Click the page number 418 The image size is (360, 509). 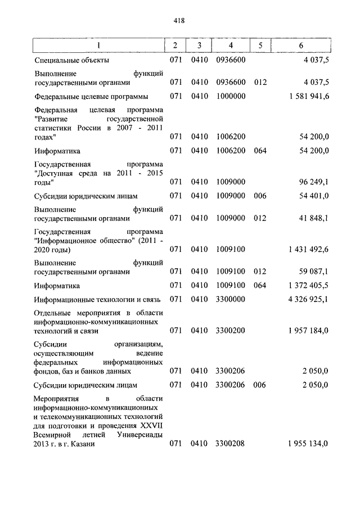click(x=179, y=21)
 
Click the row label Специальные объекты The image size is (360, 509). click(x=71, y=60)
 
